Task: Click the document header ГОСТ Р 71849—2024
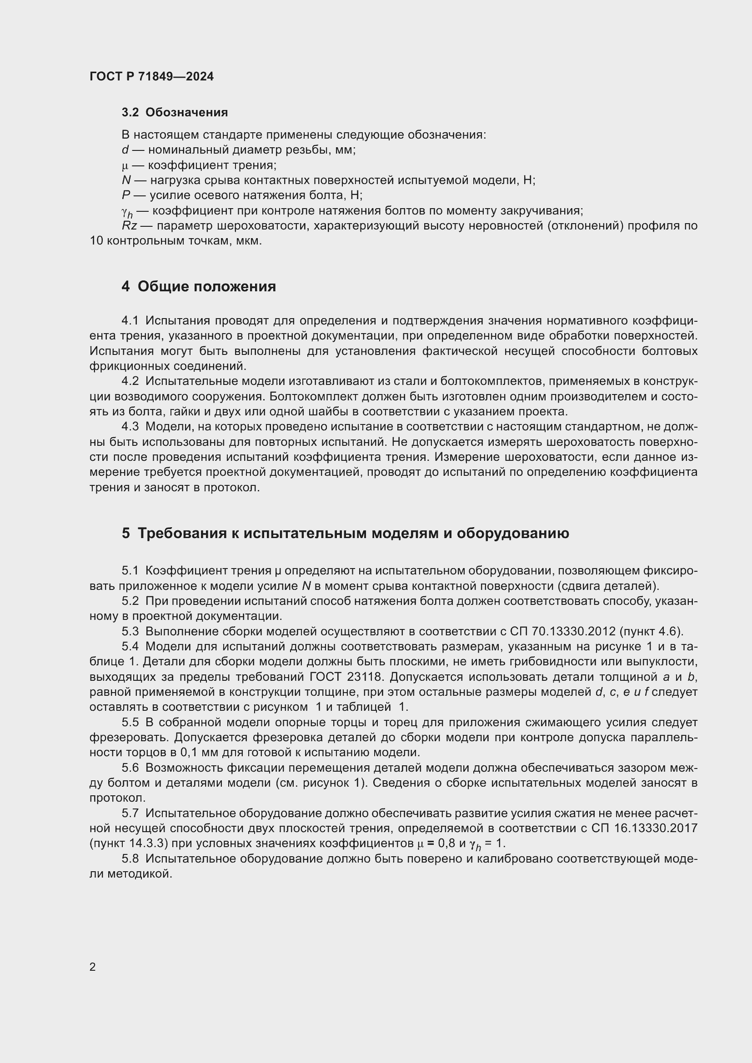151,77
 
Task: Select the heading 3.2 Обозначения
175,113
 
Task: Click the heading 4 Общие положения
199,287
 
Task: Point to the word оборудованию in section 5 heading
512,534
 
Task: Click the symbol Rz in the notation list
129,226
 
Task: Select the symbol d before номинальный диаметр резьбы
125,150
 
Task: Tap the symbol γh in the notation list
127,212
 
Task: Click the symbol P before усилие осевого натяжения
125,195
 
